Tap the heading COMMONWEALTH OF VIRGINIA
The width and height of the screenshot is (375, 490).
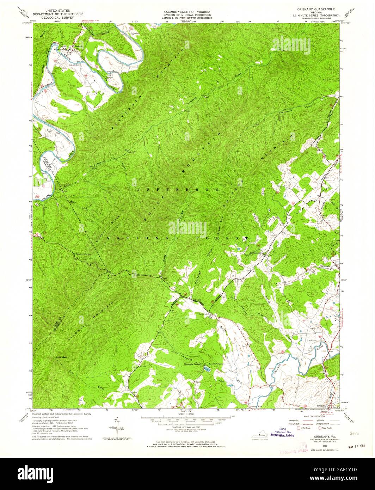coord(187,12)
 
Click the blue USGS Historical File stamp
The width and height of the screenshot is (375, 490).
coord(282,433)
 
